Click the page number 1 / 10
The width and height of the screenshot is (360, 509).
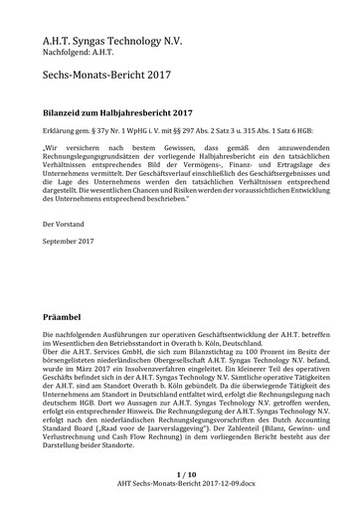pyautogui.click(x=180, y=475)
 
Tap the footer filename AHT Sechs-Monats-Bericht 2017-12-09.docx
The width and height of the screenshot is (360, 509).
pyautogui.click(x=180, y=486)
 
